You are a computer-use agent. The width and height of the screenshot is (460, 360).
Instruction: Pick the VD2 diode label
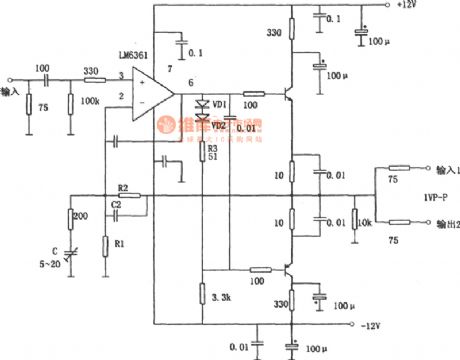tap(218, 125)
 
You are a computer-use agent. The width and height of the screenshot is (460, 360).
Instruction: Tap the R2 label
tap(123, 187)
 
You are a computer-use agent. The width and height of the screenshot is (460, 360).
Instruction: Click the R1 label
tap(120, 244)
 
